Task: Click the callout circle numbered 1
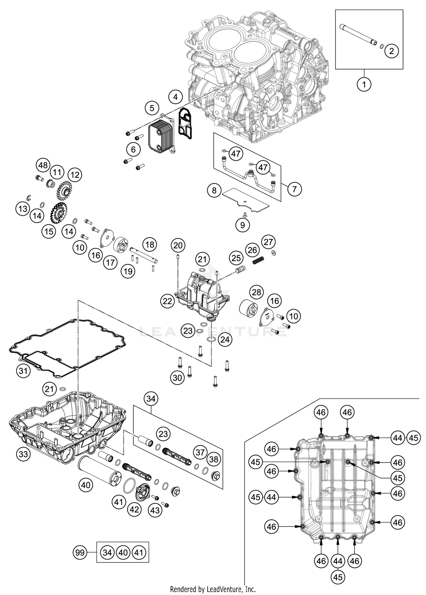tap(364, 84)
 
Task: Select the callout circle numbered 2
tap(392, 51)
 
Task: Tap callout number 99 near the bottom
tap(80, 552)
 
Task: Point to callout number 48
tap(43, 165)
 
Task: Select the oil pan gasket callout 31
tap(23, 370)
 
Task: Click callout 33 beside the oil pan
tap(23, 454)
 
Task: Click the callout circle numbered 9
tap(243, 225)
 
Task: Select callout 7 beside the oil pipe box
tap(295, 189)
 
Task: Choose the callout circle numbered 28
tap(256, 292)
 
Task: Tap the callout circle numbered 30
tap(177, 378)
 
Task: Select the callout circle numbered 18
tap(150, 244)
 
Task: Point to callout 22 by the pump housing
tap(168, 301)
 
